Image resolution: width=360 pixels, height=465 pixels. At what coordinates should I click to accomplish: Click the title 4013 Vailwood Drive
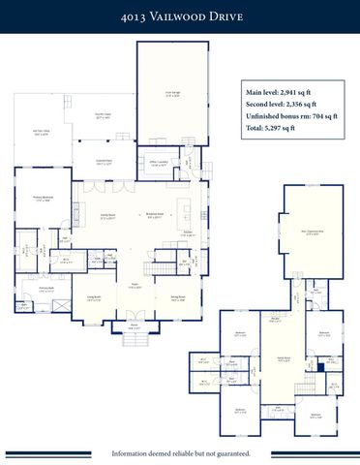pyautogui.click(x=179, y=16)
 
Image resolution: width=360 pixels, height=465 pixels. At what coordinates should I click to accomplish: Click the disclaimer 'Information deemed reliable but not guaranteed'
pyautogui.click(x=180, y=452)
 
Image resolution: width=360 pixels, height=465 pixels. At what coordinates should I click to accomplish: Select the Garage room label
pyautogui.click(x=173, y=95)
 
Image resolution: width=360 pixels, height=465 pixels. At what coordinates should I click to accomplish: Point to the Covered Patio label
pyautogui.click(x=105, y=164)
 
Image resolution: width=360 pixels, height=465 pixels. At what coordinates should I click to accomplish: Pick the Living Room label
pyautogui.click(x=95, y=298)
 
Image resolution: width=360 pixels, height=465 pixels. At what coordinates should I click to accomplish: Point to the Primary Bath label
pyautogui.click(x=45, y=289)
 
